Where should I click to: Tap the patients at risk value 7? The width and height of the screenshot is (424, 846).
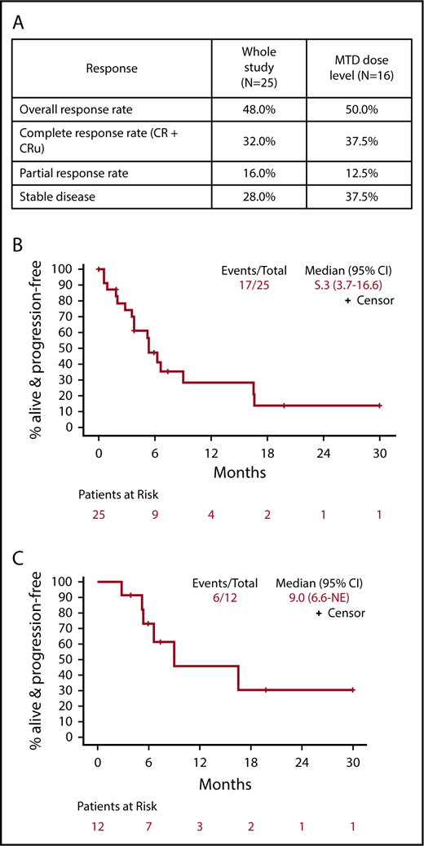(x=148, y=827)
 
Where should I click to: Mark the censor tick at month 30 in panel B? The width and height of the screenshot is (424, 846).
(x=379, y=405)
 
